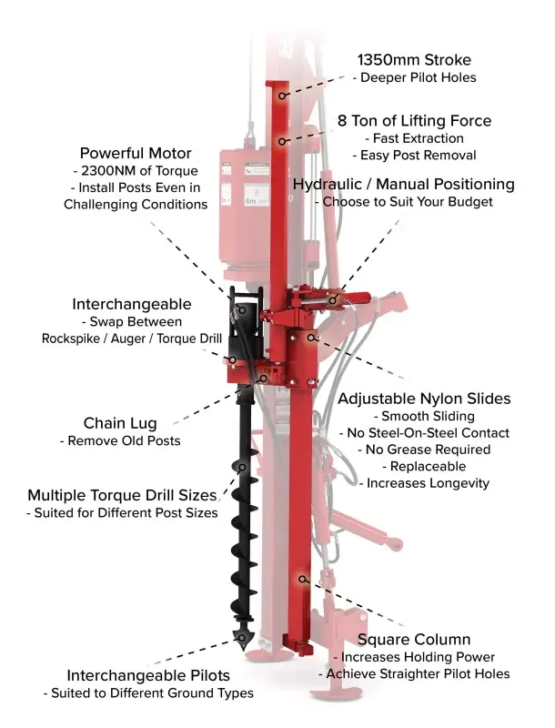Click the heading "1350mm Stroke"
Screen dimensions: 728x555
tap(413, 58)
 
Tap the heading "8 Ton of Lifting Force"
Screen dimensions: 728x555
tap(414, 120)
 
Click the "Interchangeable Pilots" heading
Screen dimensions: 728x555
tap(148, 675)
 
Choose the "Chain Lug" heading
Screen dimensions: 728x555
tap(120, 422)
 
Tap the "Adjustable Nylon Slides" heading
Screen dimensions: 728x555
tap(424, 399)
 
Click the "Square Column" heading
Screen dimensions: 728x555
tap(414, 639)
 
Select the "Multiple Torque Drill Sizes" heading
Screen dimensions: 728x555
tap(122, 495)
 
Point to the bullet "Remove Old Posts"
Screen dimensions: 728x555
tap(120, 441)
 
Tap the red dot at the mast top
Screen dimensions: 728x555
tap(282, 94)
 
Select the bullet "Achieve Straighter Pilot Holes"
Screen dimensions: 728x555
tap(414, 673)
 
